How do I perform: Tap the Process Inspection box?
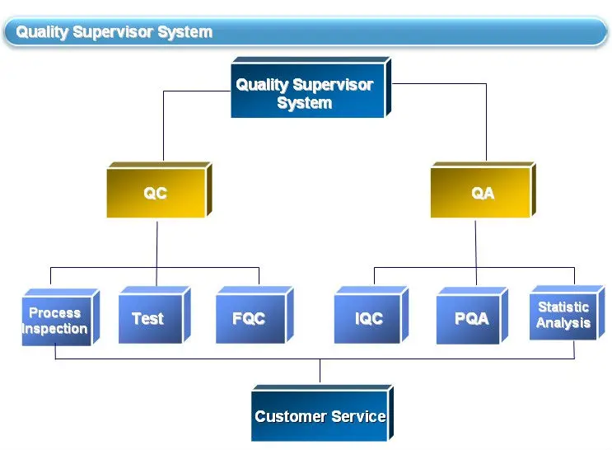(x=55, y=321)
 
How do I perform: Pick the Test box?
(x=149, y=319)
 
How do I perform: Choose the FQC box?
(x=248, y=319)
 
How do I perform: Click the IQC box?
(x=367, y=319)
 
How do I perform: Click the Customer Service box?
(x=320, y=416)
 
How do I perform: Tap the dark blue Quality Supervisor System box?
(x=305, y=93)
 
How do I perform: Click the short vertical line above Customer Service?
(x=320, y=372)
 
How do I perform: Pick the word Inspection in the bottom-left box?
(x=55, y=329)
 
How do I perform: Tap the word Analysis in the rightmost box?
(x=563, y=323)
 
